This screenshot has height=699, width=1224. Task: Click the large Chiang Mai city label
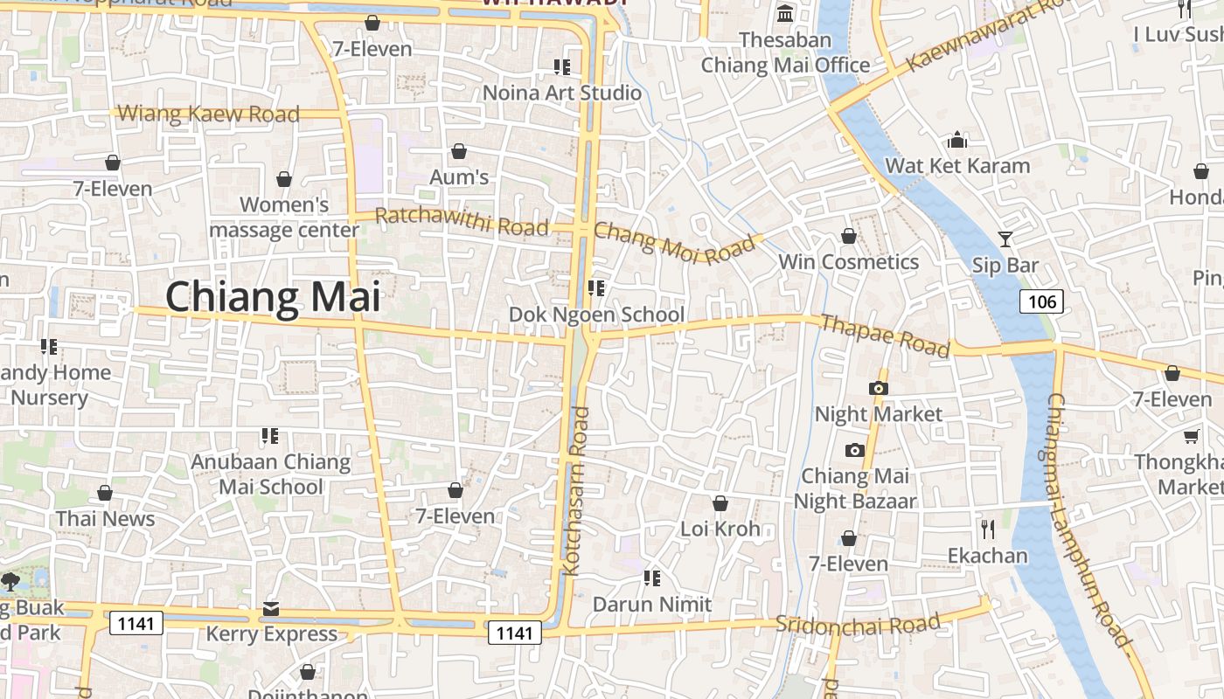pos(273,297)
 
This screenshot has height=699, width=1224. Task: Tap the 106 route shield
pos(1041,302)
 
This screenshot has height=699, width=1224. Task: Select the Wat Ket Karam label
pos(957,165)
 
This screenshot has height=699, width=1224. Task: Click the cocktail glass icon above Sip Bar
pos(1005,238)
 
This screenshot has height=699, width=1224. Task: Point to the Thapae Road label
pos(885,336)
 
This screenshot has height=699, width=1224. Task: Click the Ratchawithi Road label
pos(462,222)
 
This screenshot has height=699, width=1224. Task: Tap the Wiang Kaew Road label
pos(208,114)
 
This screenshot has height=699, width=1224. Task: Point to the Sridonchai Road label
pos(858,624)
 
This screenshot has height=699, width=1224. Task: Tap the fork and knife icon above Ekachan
pos(988,529)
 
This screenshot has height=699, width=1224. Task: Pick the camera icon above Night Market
pos(879,388)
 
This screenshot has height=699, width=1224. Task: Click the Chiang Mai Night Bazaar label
pos(855,488)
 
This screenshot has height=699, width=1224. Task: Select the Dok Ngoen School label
pos(597,315)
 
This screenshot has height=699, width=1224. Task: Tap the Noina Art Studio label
pos(562,93)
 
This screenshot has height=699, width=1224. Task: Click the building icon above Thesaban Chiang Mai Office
pos(785,14)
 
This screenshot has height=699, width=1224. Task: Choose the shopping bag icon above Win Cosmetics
pos(848,236)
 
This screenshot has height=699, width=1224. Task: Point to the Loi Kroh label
pos(720,529)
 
